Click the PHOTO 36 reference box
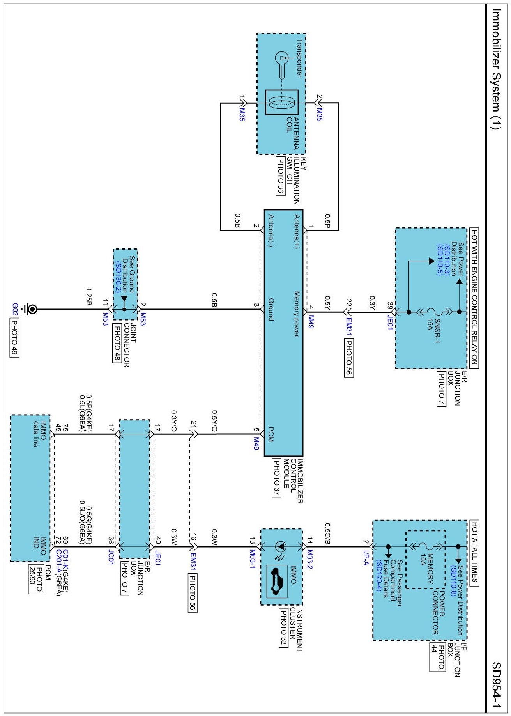[x=280, y=176]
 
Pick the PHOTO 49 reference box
[x=14, y=337]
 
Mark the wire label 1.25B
[x=89, y=297]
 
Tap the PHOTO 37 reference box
[x=276, y=478]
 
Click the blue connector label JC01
[x=111, y=557]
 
